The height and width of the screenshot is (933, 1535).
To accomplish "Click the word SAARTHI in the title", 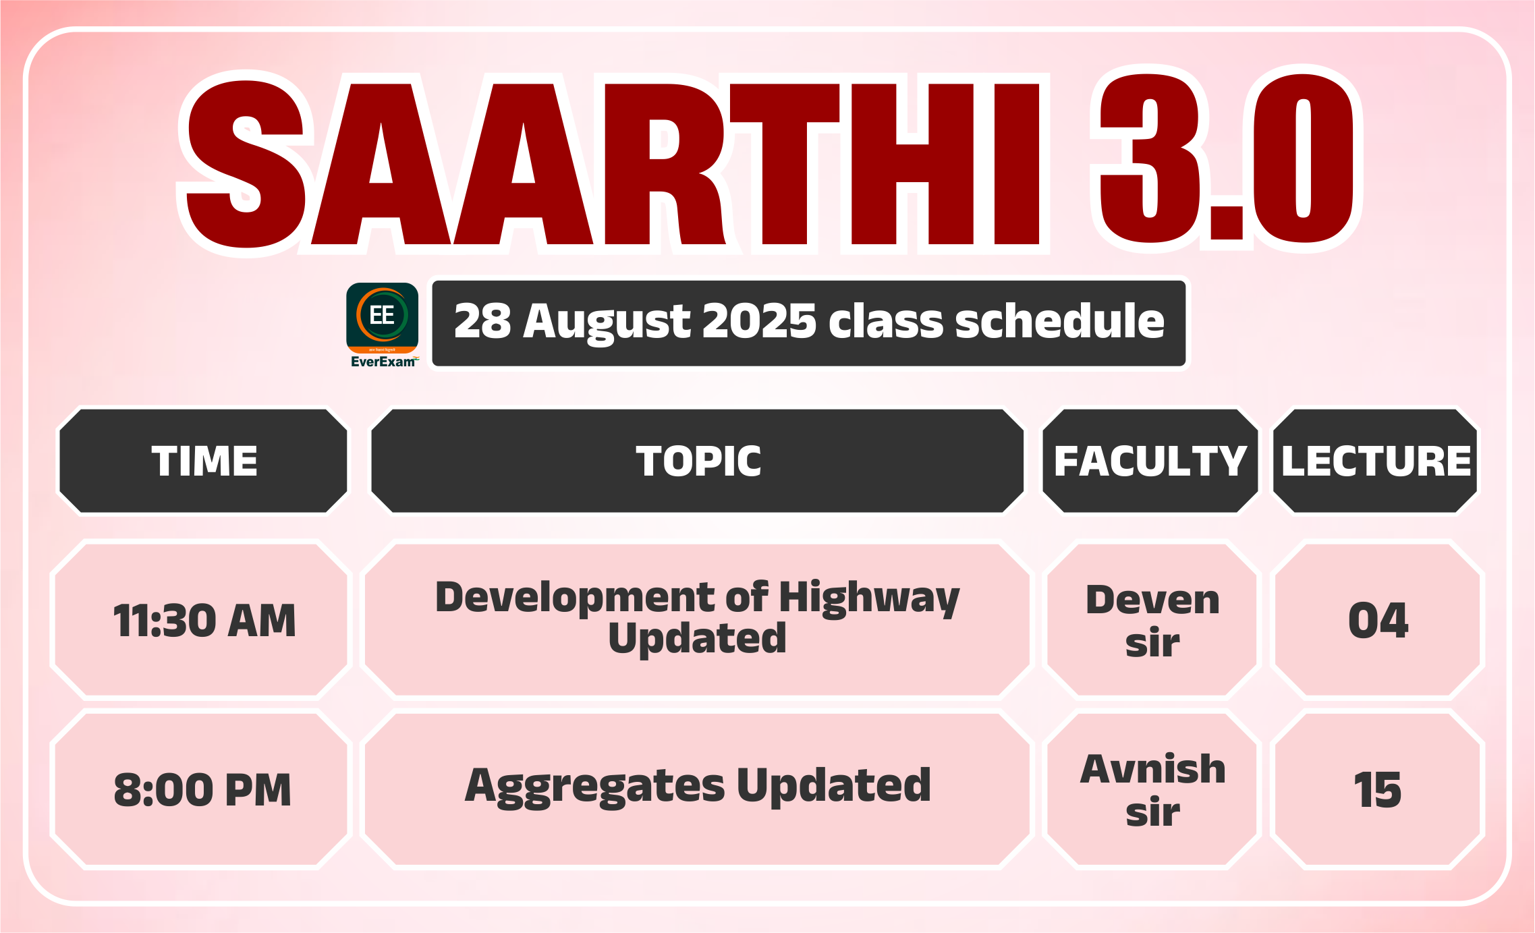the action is tap(613, 163).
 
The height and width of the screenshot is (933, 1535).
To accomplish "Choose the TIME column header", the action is tap(204, 461).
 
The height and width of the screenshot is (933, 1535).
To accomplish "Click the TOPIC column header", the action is tap(698, 461).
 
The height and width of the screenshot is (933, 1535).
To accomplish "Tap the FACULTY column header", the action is tap(1150, 461).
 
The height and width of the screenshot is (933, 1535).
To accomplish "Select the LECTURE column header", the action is tap(1376, 461).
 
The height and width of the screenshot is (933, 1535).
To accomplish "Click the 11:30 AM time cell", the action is tap(204, 621).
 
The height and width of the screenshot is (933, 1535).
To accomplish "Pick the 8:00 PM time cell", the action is tap(202, 789).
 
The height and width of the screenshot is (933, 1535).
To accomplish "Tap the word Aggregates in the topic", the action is tap(594, 787).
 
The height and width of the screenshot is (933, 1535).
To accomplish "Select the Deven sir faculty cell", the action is tap(1152, 621).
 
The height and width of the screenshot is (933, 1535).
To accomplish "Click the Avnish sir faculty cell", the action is tap(1152, 789).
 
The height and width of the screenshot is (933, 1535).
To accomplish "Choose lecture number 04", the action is tap(1378, 621).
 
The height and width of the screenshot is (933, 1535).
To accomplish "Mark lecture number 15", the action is tap(1378, 789).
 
